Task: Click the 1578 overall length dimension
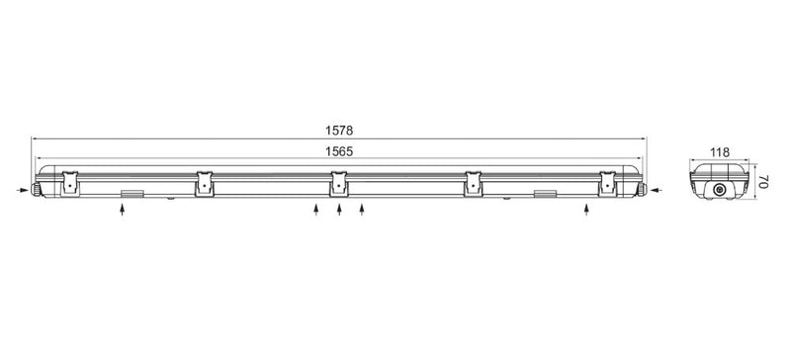[x=339, y=131]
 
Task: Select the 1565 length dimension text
[x=339, y=151]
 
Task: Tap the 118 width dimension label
[x=720, y=152]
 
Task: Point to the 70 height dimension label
[x=762, y=182]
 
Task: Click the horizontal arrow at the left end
[x=23, y=190]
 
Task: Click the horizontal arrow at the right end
[x=657, y=190]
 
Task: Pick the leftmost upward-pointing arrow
[x=122, y=210]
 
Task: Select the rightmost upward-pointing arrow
[x=585, y=210]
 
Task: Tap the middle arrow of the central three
[x=339, y=210]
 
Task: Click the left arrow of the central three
[x=315, y=210]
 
